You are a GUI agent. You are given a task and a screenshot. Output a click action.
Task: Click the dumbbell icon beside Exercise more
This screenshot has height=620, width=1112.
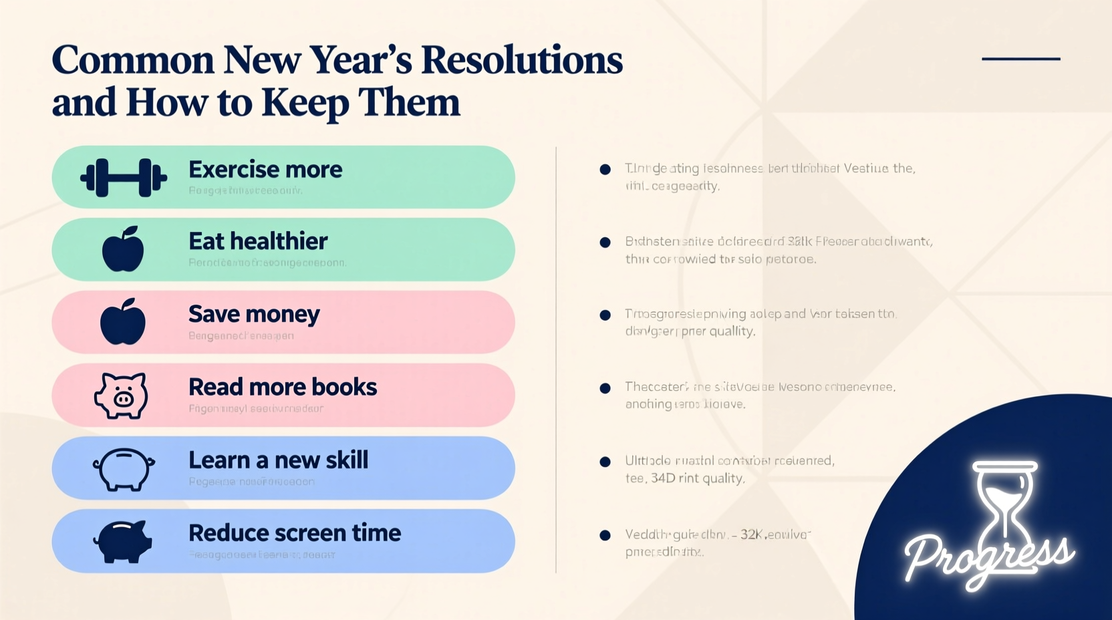coord(123,178)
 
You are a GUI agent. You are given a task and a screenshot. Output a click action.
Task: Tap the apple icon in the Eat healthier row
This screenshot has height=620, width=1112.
coord(123,249)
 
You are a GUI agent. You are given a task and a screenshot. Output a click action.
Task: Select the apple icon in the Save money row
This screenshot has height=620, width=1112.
coord(123,322)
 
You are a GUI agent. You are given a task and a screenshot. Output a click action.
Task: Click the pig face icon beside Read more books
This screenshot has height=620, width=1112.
coord(121,396)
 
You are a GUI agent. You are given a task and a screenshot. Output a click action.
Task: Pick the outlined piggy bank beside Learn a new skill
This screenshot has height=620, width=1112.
coord(124,468)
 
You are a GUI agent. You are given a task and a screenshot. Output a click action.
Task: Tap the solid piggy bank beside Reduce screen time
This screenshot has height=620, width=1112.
coord(123,541)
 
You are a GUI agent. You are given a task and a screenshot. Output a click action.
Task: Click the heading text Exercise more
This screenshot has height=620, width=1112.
coord(265,170)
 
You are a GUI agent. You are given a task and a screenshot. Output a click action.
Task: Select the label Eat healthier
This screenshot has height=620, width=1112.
coord(258,241)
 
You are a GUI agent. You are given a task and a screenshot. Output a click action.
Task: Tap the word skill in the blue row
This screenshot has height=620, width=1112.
coord(346,460)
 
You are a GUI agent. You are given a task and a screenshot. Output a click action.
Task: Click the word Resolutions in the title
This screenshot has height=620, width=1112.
coord(521,60)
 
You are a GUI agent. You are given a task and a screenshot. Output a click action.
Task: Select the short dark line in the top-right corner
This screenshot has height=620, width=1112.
coord(1020,59)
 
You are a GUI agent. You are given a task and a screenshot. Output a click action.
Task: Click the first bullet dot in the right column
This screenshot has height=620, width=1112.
coord(605,169)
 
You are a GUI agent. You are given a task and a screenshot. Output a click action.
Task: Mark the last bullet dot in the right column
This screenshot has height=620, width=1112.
coord(605,535)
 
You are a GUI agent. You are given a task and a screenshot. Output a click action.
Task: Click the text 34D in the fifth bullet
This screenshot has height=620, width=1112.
coord(663,478)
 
